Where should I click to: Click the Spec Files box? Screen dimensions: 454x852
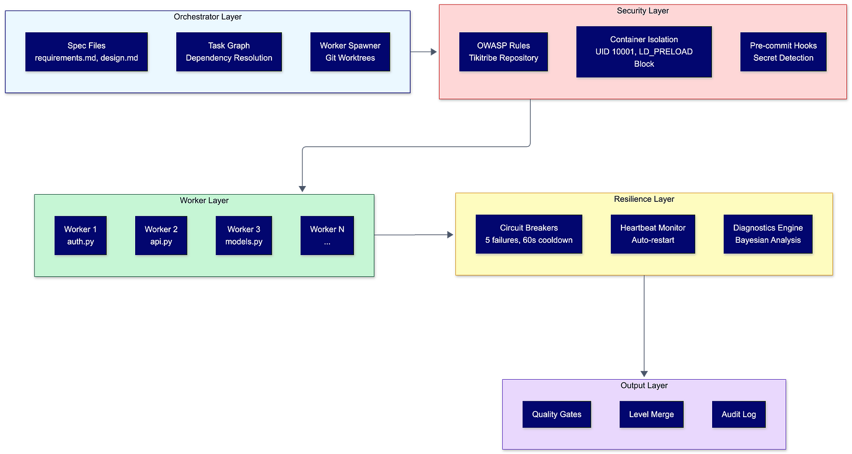point(87,52)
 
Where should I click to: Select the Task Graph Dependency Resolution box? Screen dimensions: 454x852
point(229,52)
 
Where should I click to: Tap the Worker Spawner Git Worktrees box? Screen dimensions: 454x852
point(350,52)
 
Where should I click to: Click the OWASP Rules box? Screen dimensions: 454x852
point(503,52)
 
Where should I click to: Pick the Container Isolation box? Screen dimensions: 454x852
point(644,52)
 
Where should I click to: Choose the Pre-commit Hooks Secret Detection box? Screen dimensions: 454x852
point(783,52)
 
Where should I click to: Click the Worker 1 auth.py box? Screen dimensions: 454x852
point(81,236)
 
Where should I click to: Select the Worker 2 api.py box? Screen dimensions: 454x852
point(161,236)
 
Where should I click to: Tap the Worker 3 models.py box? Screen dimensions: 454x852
point(244,236)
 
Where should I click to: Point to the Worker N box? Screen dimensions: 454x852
point(327,236)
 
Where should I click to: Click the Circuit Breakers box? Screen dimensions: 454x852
point(528,234)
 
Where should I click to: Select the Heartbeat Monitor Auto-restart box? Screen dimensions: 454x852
point(652,234)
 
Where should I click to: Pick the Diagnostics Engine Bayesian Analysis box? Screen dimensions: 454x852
point(768,234)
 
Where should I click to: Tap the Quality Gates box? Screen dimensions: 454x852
point(556,414)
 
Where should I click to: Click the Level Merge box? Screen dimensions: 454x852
point(651,414)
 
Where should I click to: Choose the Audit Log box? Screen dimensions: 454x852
point(738,414)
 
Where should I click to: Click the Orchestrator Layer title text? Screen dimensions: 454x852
point(208,16)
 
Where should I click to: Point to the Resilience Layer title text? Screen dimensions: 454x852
point(644,199)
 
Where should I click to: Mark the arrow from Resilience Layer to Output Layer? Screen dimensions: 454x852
point(644,328)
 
